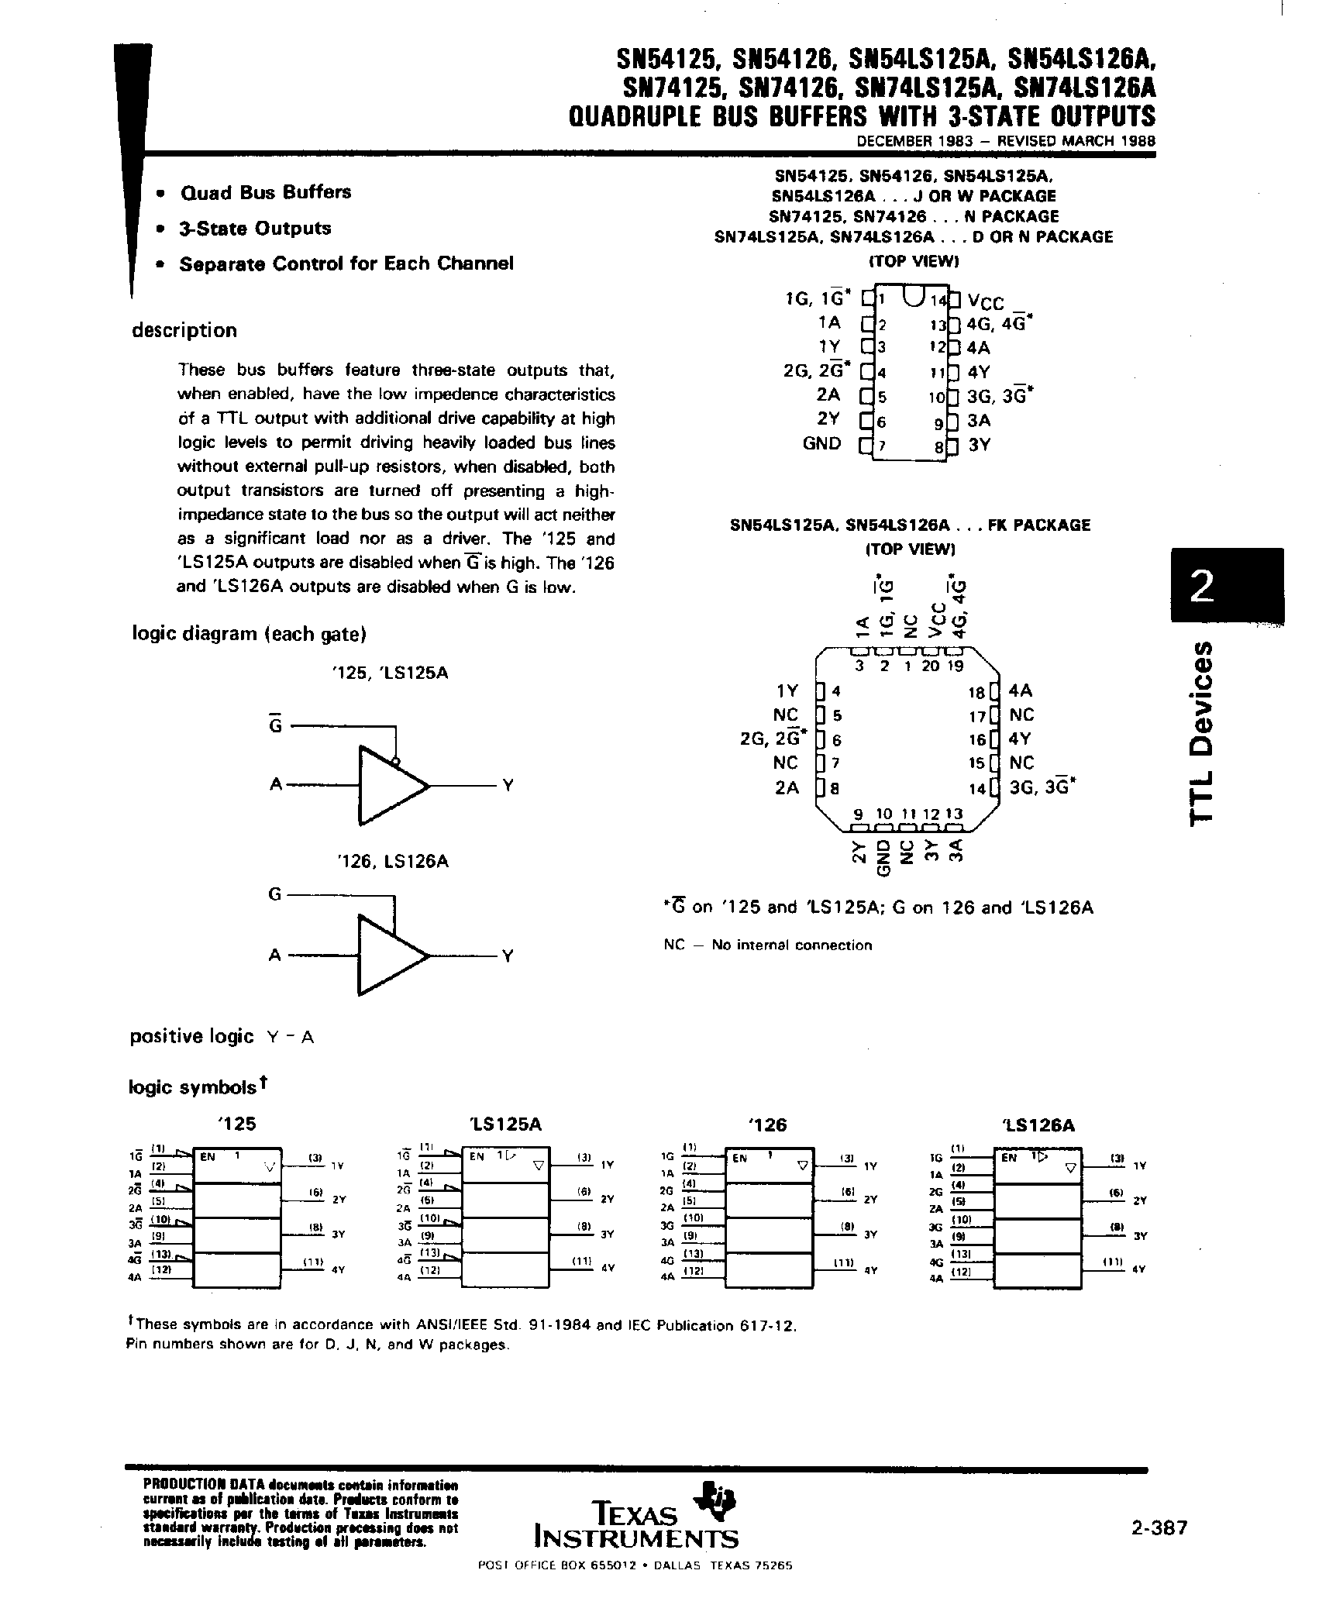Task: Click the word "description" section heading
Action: tap(184, 331)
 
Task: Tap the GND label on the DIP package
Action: tap(821, 444)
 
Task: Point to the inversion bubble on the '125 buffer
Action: tap(395, 762)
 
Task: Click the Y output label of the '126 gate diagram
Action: tap(508, 956)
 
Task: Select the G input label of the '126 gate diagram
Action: tap(274, 894)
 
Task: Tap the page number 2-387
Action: tap(1159, 1527)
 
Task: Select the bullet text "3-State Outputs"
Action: tap(255, 229)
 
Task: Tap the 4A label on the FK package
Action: tap(1021, 691)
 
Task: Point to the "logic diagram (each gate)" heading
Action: tap(249, 634)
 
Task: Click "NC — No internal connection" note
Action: tap(767, 945)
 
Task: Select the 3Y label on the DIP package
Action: tap(980, 446)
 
